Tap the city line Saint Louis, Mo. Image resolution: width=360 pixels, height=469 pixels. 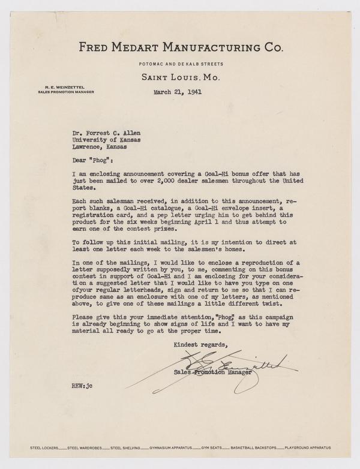coord(179,77)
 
